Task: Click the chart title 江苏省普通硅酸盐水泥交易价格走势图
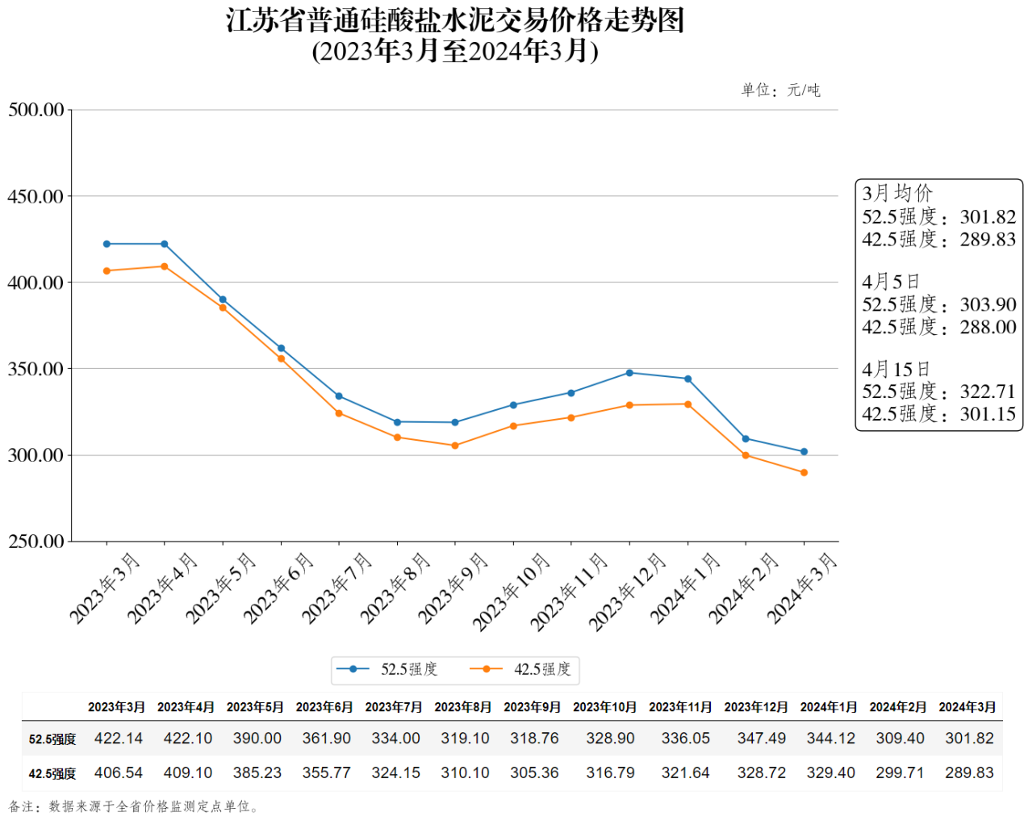coord(455,20)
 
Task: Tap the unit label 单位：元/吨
coord(780,90)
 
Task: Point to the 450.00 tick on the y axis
coord(36,196)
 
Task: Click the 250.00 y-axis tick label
coord(36,542)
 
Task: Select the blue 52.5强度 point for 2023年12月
coord(629,373)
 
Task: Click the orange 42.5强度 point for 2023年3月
coord(107,271)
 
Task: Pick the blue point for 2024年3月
coord(804,452)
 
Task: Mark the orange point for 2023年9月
coord(455,446)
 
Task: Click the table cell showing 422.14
coord(119,739)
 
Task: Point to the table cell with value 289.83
coord(969,772)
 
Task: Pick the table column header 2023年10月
coord(604,707)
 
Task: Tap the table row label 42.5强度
coord(52,773)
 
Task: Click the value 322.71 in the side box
coord(988,391)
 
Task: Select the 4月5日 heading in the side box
coord(891,282)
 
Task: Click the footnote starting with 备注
coord(133,806)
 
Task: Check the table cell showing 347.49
coord(761,739)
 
